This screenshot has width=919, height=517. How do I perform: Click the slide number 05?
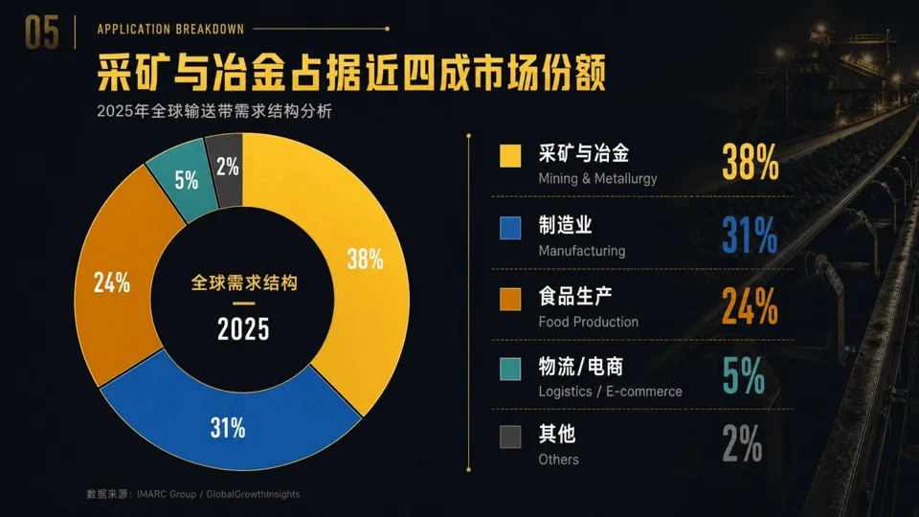pyautogui.click(x=41, y=33)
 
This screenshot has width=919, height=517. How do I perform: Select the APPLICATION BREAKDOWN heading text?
pyautogui.click(x=170, y=29)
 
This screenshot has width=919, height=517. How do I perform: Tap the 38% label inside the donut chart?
pyautogui.click(x=365, y=258)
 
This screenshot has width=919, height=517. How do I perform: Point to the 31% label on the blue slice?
pyautogui.click(x=228, y=428)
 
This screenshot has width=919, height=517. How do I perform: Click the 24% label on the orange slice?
pyautogui.click(x=112, y=283)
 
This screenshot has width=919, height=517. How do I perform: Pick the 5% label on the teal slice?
pyautogui.click(x=187, y=180)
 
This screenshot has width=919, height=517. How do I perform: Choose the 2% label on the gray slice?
pyautogui.click(x=228, y=167)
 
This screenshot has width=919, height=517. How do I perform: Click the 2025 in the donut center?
pyautogui.click(x=243, y=328)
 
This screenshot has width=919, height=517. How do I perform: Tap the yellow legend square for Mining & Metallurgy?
pyautogui.click(x=510, y=156)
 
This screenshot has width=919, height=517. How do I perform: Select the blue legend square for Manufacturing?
pyautogui.click(x=510, y=228)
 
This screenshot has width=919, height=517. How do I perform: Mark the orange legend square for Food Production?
pyautogui.click(x=510, y=299)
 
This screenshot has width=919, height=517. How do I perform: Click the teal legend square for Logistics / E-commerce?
pyautogui.click(x=510, y=370)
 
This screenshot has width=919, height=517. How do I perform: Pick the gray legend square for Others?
pyautogui.click(x=510, y=438)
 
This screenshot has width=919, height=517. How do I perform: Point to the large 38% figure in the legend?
pyautogui.click(x=751, y=162)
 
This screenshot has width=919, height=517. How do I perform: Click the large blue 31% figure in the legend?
pyautogui.click(x=750, y=235)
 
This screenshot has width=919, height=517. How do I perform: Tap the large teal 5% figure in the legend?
pyautogui.click(x=743, y=375)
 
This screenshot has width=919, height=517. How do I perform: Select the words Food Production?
pyautogui.click(x=589, y=322)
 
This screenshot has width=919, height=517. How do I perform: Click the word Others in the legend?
pyautogui.click(x=558, y=460)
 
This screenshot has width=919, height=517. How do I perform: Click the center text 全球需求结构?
pyautogui.click(x=244, y=283)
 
